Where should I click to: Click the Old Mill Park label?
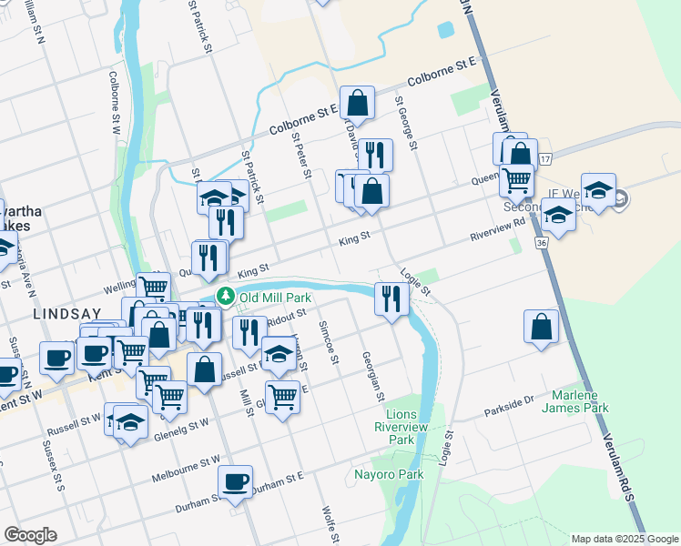coord(275,298)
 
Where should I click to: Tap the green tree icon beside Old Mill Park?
coord(225,297)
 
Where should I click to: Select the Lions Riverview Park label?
coord(401,427)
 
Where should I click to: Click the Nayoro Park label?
coord(389,474)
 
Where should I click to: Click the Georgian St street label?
coord(372,377)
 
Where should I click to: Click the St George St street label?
coord(405,123)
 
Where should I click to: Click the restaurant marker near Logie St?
coord(391,300)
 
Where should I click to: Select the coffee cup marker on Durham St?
coord(236,482)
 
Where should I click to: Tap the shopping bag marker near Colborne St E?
coord(358,104)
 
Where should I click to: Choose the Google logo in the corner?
coord(30,534)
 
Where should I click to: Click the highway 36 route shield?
coord(542,244)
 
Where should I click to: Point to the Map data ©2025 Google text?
coord(624,539)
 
